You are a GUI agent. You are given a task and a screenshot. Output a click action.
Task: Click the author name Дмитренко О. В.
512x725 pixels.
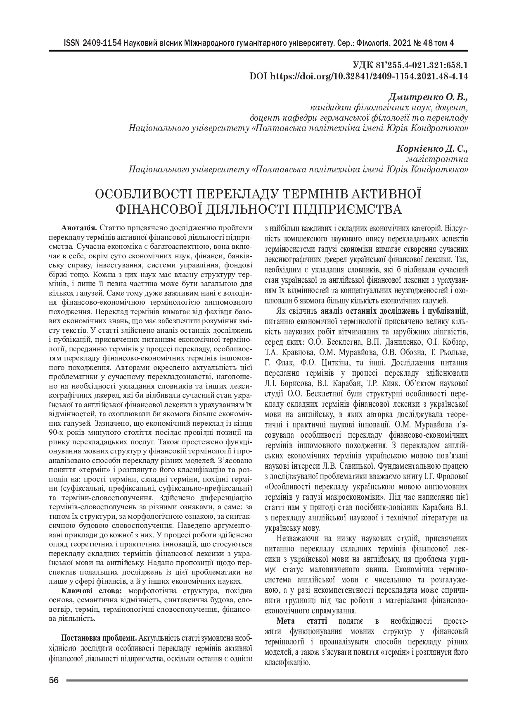(428, 98)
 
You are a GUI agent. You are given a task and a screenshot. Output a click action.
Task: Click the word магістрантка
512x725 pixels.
(443, 159)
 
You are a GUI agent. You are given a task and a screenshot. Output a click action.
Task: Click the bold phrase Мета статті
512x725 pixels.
(302, 621)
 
